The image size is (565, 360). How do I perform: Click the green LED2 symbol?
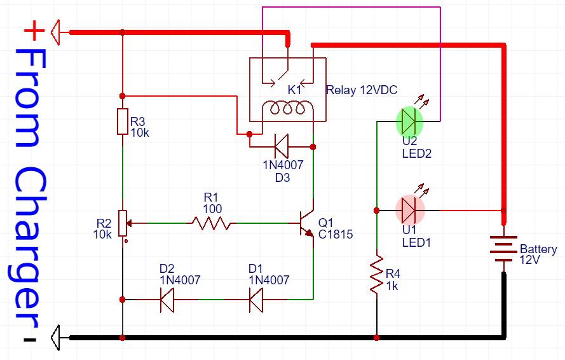click(409, 120)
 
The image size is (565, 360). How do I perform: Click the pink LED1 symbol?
click(409, 209)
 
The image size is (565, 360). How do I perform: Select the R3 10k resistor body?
click(122, 121)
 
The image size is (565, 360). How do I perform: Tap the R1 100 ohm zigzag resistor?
click(212, 223)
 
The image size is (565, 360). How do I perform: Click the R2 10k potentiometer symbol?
click(122, 223)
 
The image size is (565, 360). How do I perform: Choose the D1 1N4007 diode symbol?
click(256, 299)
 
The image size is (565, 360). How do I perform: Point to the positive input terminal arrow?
click(58, 31)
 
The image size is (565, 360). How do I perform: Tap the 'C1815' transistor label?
click(335, 234)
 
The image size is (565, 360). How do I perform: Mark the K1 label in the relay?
click(294, 90)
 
